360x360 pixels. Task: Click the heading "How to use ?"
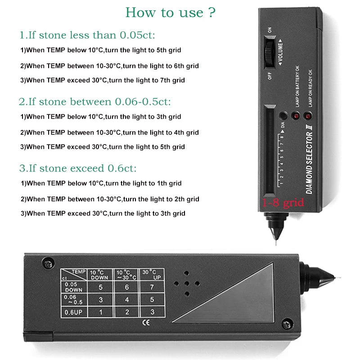(170, 12)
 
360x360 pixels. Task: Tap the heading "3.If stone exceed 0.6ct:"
(77, 168)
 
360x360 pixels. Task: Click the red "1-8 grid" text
(283, 203)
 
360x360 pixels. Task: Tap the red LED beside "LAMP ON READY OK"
(308, 116)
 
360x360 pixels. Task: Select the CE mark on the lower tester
(145, 322)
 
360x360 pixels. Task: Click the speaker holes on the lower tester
(185, 283)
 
